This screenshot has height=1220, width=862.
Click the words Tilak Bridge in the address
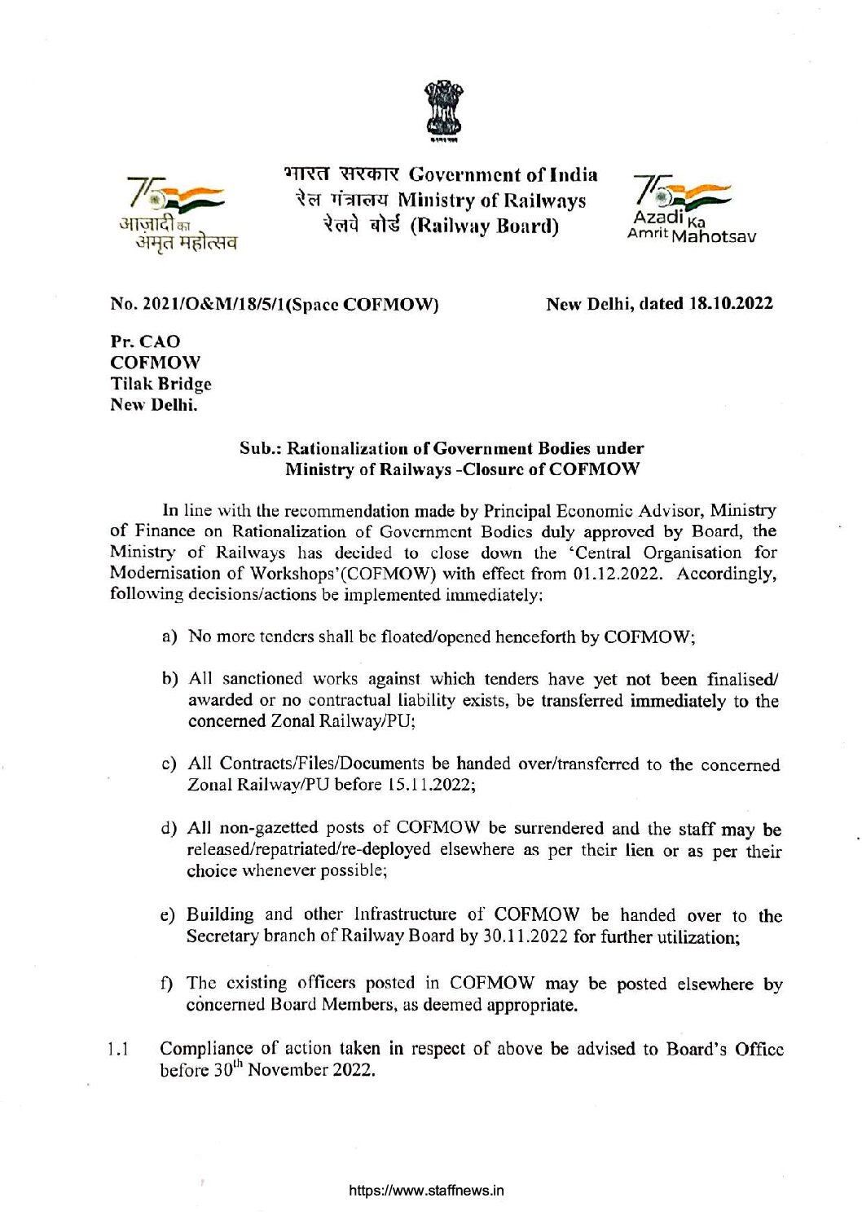pyautogui.click(x=161, y=384)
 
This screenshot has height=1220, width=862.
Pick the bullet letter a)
pyautogui.click(x=170, y=636)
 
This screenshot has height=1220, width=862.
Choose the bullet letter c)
pyautogui.click(x=170, y=764)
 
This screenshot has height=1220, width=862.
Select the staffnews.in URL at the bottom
pyautogui.click(x=426, y=1191)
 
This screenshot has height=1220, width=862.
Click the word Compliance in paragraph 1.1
pyautogui.click(x=206, y=1048)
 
